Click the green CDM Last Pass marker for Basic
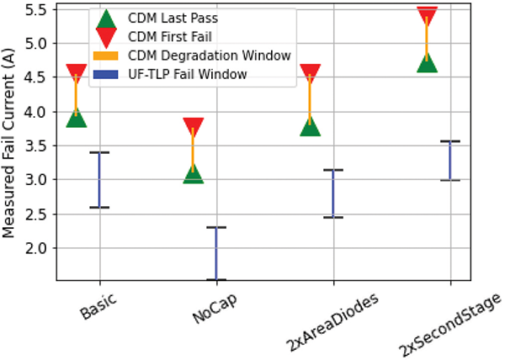77,117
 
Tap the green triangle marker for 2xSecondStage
427,61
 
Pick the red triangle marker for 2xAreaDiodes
310,74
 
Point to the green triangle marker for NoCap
193,173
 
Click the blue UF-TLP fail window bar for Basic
99,180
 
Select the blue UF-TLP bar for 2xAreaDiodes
333,193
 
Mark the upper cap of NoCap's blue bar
216,227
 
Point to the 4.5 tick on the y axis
42,77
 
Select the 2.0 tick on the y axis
42,247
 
